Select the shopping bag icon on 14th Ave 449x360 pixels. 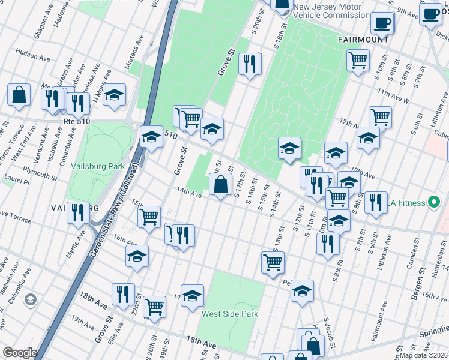[221, 184]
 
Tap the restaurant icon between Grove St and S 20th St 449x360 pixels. [250, 63]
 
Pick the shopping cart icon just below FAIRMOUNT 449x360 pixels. [358, 60]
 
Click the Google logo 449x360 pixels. [20, 353]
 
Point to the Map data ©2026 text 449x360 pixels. [423, 355]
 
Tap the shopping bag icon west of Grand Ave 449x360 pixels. [19, 95]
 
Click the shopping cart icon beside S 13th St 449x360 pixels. [273, 262]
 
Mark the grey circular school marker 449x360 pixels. [31, 299]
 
